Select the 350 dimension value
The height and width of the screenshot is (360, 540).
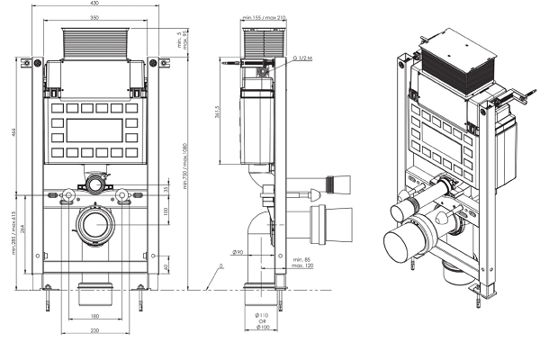pos(94,17)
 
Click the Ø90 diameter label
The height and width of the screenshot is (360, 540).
pos(238,252)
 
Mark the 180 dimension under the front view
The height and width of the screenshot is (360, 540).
pos(94,315)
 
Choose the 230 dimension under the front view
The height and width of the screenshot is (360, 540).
pos(94,330)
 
